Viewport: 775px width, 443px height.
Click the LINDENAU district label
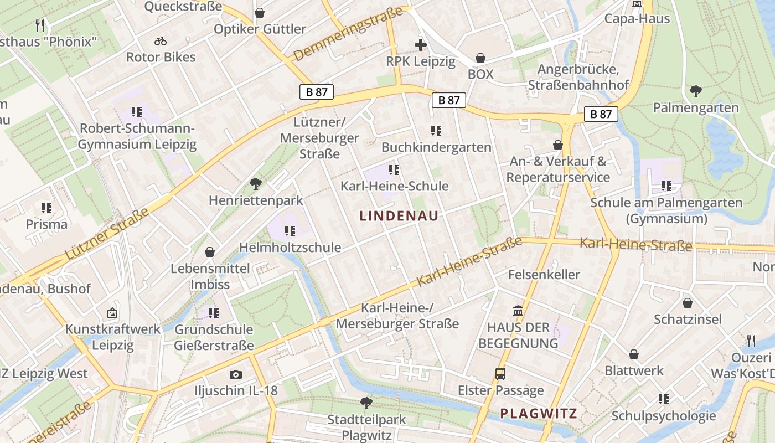point(399,216)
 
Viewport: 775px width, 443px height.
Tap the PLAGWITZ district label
point(539,413)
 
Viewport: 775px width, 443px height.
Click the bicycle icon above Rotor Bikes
point(161,41)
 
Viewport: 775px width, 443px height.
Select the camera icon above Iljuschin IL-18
point(236,374)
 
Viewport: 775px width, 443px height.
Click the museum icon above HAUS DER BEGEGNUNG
point(518,311)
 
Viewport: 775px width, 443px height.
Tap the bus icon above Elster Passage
point(500,374)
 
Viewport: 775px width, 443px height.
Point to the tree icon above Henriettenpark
point(255,183)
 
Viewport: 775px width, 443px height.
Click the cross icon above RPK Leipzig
point(421,45)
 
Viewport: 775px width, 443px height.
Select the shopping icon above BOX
point(480,58)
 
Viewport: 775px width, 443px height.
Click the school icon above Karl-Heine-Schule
point(394,169)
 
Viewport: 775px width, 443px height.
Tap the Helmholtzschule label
point(290,247)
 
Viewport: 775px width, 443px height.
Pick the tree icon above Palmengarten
point(696,91)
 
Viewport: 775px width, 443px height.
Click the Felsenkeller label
point(544,274)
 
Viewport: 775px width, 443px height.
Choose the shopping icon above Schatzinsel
point(688,303)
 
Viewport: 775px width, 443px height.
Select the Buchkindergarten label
point(436,147)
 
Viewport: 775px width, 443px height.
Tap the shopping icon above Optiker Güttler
point(259,12)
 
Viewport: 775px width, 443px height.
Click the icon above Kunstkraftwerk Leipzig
point(112,313)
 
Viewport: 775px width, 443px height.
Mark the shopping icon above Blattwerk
point(634,354)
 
